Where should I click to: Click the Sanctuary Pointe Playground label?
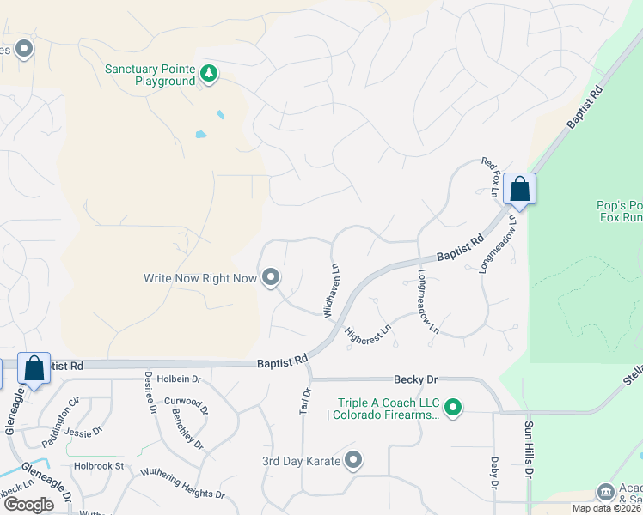tap(150, 75)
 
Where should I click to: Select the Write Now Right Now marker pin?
tap(272, 277)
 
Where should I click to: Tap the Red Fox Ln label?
tap(490, 177)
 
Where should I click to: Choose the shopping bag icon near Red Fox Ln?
tap(520, 188)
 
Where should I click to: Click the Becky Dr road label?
tap(416, 379)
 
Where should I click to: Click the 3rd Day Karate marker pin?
tap(353, 461)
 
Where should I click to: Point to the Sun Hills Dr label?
tap(529, 448)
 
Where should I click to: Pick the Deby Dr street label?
tap(494, 473)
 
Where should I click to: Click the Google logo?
tap(28, 505)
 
